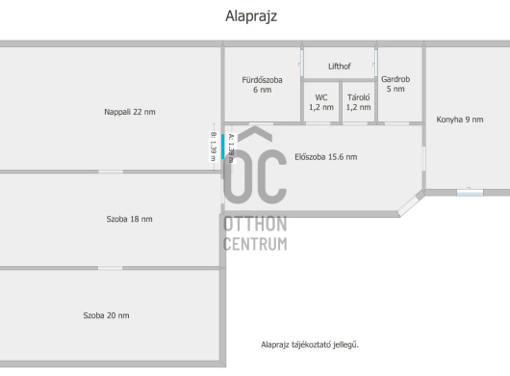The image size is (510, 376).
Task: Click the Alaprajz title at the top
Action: pos(251,16)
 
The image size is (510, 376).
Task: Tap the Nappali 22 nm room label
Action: pos(130,112)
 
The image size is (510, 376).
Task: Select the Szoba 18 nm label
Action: pos(129,219)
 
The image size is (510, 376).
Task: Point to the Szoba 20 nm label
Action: pos(106,315)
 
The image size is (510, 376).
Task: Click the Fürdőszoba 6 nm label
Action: pos(262,85)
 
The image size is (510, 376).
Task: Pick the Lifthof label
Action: pos(340,67)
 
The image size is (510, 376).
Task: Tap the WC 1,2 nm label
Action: pos(321,102)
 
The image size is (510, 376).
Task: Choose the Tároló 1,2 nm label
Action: pos(358,102)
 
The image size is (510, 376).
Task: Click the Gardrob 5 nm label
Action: pos(395,84)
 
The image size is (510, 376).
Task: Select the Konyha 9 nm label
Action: pos(460,120)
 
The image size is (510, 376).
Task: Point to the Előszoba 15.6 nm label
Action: pos(326,157)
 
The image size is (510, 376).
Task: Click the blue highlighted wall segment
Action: pos(223,147)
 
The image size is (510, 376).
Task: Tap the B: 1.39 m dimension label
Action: pos(213,147)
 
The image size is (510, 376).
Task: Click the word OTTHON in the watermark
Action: pos(255,225)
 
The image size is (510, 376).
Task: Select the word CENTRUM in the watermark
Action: pos(255,244)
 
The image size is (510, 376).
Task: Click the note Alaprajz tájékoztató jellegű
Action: pos(310,345)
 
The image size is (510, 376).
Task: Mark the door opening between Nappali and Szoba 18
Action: pos(111,172)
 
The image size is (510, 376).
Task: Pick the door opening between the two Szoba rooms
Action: pos(111,268)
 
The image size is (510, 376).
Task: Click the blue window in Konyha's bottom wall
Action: pos(470,193)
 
